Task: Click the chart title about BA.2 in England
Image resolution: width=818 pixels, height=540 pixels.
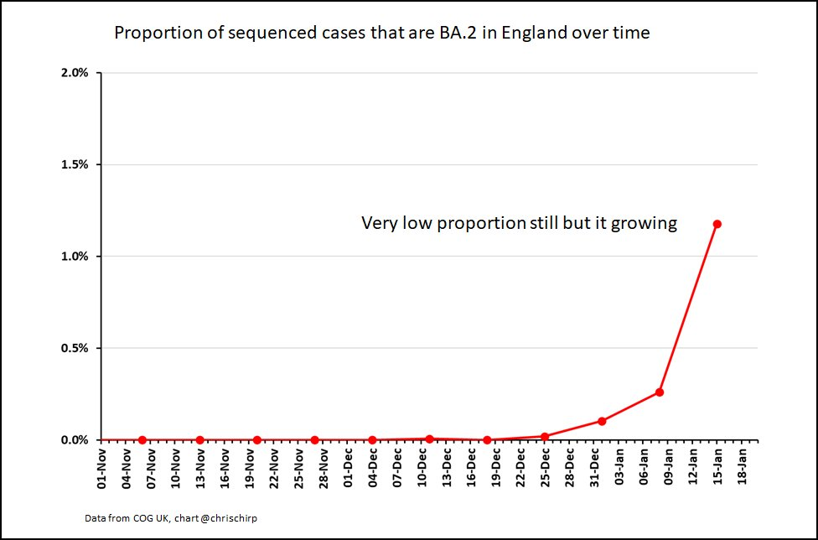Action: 381,34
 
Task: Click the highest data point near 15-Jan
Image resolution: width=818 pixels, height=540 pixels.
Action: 717,224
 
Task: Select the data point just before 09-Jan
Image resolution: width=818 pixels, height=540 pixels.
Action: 660,392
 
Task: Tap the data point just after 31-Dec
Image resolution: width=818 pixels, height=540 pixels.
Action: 602,421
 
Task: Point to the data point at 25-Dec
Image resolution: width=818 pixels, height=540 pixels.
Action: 545,436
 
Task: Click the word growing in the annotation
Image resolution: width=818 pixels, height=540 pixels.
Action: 646,224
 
